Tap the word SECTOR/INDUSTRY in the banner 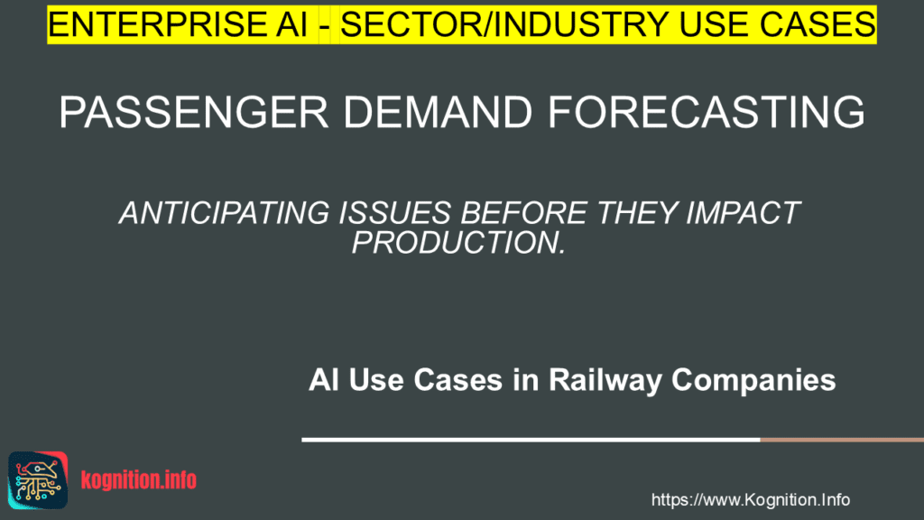click(x=504, y=24)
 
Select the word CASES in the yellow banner click(x=818, y=24)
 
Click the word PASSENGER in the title click(x=193, y=112)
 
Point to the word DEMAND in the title click(x=438, y=112)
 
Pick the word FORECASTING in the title click(x=707, y=112)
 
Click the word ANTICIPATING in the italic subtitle click(x=225, y=213)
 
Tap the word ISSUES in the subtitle click(x=395, y=213)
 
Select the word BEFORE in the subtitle click(x=523, y=213)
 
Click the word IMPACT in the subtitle click(x=743, y=213)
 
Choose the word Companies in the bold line click(x=753, y=380)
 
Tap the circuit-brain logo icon click(x=38, y=480)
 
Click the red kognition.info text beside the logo click(x=138, y=480)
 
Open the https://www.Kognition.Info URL click(x=750, y=500)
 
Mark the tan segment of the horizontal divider click(x=842, y=440)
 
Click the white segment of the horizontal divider click(x=531, y=440)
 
